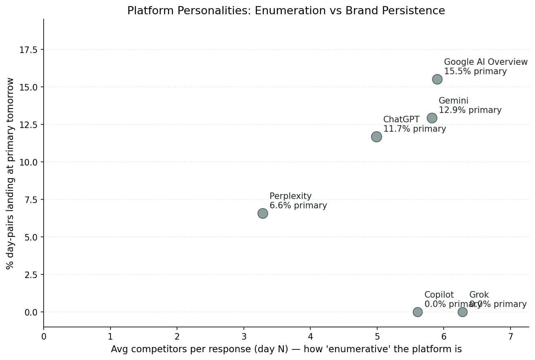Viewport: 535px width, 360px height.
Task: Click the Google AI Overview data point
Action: (x=437, y=79)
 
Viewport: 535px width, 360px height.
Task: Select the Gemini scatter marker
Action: (x=432, y=118)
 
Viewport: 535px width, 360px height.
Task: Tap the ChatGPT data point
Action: (x=376, y=137)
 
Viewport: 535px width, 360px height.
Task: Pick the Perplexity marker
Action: (x=263, y=213)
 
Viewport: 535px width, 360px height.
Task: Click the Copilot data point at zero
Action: (x=418, y=312)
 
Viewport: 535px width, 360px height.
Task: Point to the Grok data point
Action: (x=462, y=312)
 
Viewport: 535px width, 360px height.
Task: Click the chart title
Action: (x=286, y=11)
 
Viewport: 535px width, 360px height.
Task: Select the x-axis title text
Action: (x=286, y=349)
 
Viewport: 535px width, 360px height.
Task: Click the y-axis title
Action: (x=10, y=173)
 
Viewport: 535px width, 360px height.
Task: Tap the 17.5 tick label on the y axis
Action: (x=28, y=50)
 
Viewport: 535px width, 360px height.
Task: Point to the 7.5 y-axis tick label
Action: (x=31, y=200)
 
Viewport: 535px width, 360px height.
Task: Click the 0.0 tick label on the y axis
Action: (x=31, y=312)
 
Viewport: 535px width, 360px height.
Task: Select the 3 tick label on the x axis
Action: (x=244, y=337)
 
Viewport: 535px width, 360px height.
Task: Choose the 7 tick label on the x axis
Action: (x=511, y=337)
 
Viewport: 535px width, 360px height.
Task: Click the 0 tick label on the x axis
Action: (x=44, y=337)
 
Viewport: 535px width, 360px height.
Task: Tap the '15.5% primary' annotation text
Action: (x=475, y=72)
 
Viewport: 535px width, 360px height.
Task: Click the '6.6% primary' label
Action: (x=298, y=206)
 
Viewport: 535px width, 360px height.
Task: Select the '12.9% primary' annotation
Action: (x=470, y=110)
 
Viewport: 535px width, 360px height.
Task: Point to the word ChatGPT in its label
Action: (x=401, y=119)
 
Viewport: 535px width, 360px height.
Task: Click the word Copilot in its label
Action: (x=439, y=295)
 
